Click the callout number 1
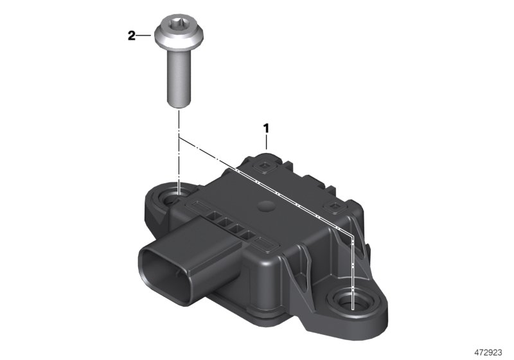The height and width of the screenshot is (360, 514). (x=265, y=129)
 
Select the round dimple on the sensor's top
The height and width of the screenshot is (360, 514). (x=264, y=207)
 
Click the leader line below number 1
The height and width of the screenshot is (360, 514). (x=266, y=142)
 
